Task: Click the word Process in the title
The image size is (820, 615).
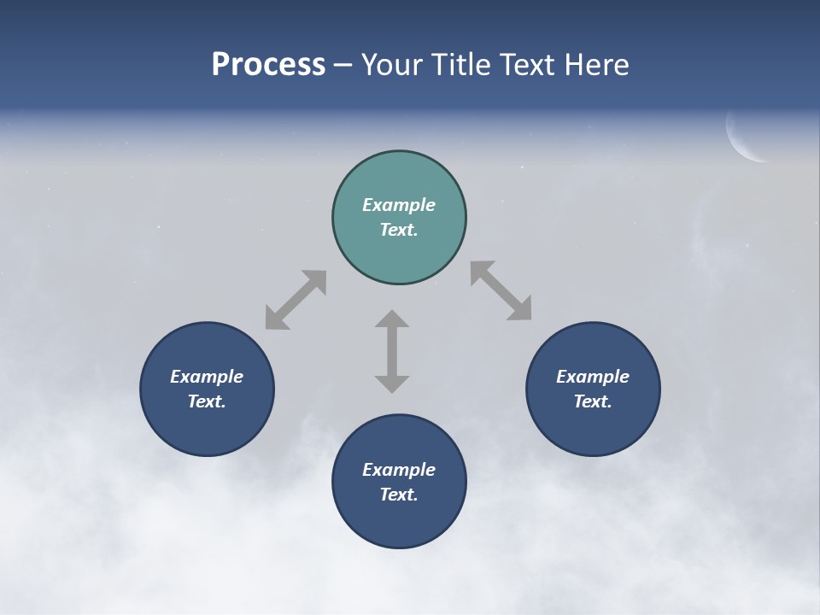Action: point(268,65)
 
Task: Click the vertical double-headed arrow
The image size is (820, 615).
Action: point(392,351)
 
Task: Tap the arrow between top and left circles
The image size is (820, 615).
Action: point(296,300)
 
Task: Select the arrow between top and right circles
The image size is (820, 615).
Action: point(501,291)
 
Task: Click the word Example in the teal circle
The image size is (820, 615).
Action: point(399,205)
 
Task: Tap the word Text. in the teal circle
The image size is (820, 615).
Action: point(399,230)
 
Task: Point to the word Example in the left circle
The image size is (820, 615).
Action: point(207,377)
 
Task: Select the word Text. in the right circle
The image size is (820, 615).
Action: point(593,401)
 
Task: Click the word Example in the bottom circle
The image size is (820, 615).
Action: point(399,470)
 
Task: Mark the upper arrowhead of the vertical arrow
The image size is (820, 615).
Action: point(392,319)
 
